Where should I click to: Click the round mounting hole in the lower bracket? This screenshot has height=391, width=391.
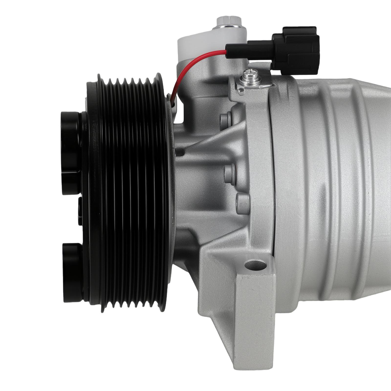pos(255,265)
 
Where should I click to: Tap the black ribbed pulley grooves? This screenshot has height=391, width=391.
pos(129,192)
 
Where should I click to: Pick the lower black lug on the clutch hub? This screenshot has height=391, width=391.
pos(73,272)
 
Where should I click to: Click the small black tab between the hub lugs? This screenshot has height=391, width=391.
pos(80,211)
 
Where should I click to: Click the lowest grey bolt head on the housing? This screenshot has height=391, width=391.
pos(243,203)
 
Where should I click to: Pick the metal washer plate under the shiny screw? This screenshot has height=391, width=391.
pos(254,84)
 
